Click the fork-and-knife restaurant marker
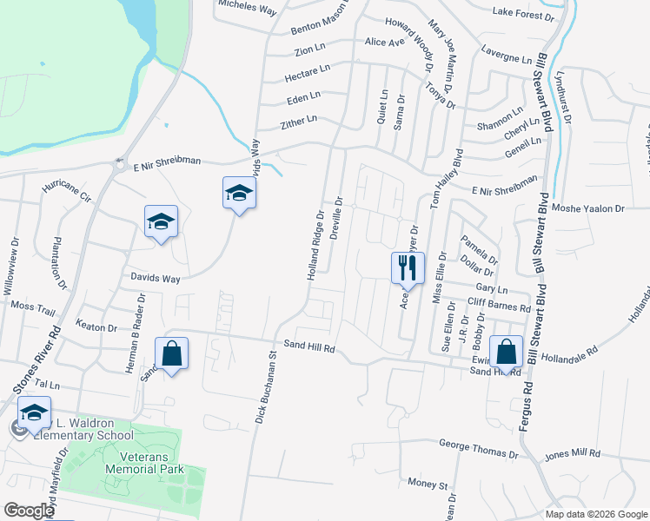click(407, 268)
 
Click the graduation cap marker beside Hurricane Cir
click(161, 223)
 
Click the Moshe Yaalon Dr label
click(589, 208)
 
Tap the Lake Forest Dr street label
click(523, 15)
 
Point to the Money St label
click(426, 483)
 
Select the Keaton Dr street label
click(96, 327)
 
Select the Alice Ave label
click(385, 42)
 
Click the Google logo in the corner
click(30, 511)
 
